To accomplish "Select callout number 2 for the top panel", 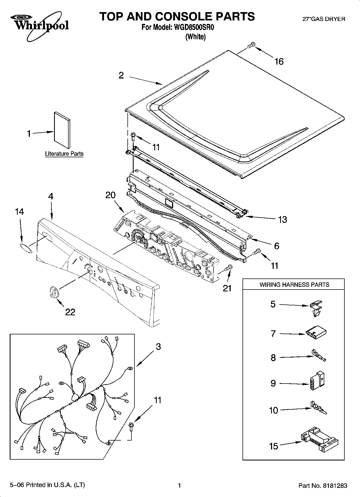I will tap(121, 76).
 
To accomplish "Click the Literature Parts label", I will tap(64, 154).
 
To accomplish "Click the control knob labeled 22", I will tap(53, 292).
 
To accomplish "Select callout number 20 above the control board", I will tap(110, 195).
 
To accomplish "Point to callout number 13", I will tap(282, 220).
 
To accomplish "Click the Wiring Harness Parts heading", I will tap(294, 285).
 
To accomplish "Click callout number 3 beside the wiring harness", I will tap(158, 347).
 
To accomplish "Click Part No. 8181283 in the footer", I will tap(323, 485).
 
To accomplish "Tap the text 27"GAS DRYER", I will tap(324, 19).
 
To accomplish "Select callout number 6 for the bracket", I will tap(276, 246).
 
